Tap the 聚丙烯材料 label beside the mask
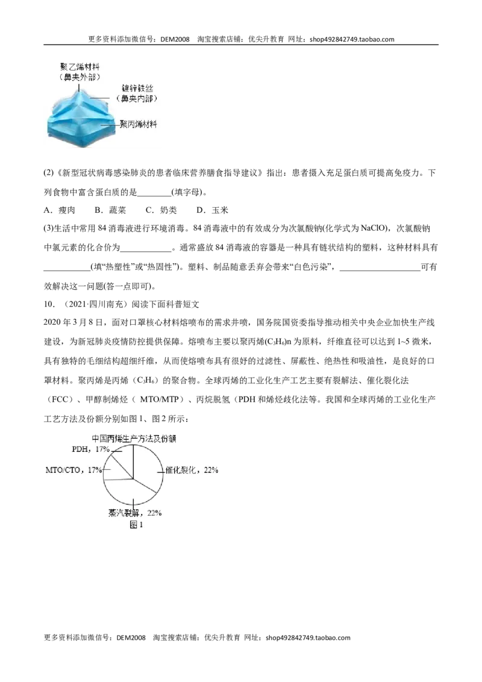click(x=138, y=124)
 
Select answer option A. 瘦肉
click(x=60, y=210)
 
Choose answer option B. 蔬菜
click(x=110, y=210)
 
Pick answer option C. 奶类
click(x=161, y=210)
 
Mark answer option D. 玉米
click(x=213, y=210)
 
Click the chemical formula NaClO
click(x=373, y=228)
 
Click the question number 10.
click(x=49, y=304)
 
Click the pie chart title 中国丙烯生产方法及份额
click(x=134, y=439)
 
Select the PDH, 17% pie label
click(x=90, y=449)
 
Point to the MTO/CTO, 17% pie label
click(x=74, y=470)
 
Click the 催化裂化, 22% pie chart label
click(x=192, y=470)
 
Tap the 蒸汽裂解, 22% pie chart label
click(x=135, y=513)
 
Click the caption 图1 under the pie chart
click(x=136, y=525)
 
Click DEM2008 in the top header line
click(x=175, y=39)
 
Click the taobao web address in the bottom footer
click(x=308, y=637)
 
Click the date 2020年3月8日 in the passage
click(x=74, y=322)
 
